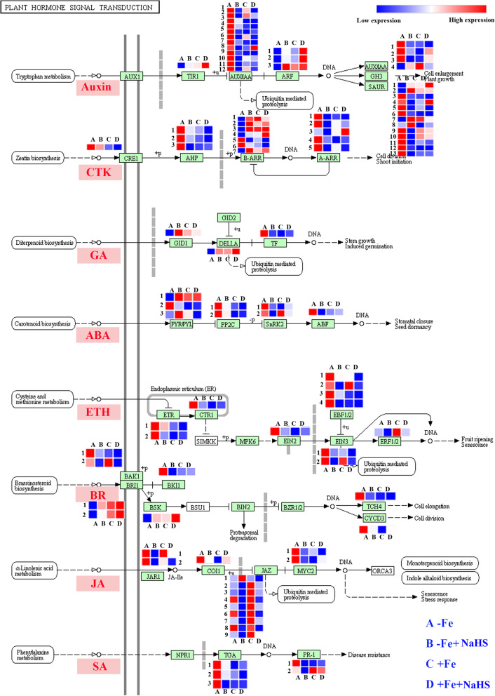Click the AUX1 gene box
pyautogui.click(x=130, y=76)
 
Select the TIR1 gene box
pyautogui.click(x=193, y=76)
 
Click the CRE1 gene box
pyautogui.click(x=130, y=159)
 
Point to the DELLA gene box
pyautogui.click(x=228, y=243)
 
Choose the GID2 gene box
pyautogui.click(x=228, y=217)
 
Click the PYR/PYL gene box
pyautogui.click(x=180, y=323)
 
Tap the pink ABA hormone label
pyautogui.click(x=97, y=335)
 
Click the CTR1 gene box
pyautogui.click(x=205, y=415)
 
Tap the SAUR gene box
pyautogui.click(x=375, y=86)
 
